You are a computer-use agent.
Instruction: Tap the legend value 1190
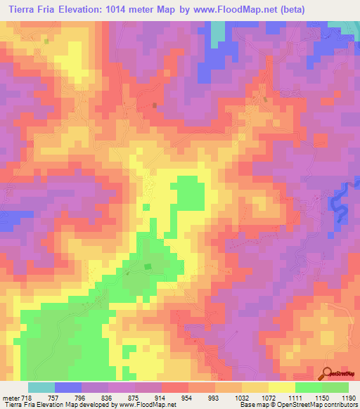click(x=349, y=398)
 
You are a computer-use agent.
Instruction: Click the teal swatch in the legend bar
click(x=41, y=387)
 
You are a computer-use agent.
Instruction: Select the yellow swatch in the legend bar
click(x=281, y=387)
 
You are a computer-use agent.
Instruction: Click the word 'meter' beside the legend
click(x=11, y=398)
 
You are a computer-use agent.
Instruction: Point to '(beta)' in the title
click(x=337, y=10)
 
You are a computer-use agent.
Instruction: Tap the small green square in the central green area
click(x=147, y=266)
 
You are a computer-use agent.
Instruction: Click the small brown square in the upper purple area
click(x=155, y=105)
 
